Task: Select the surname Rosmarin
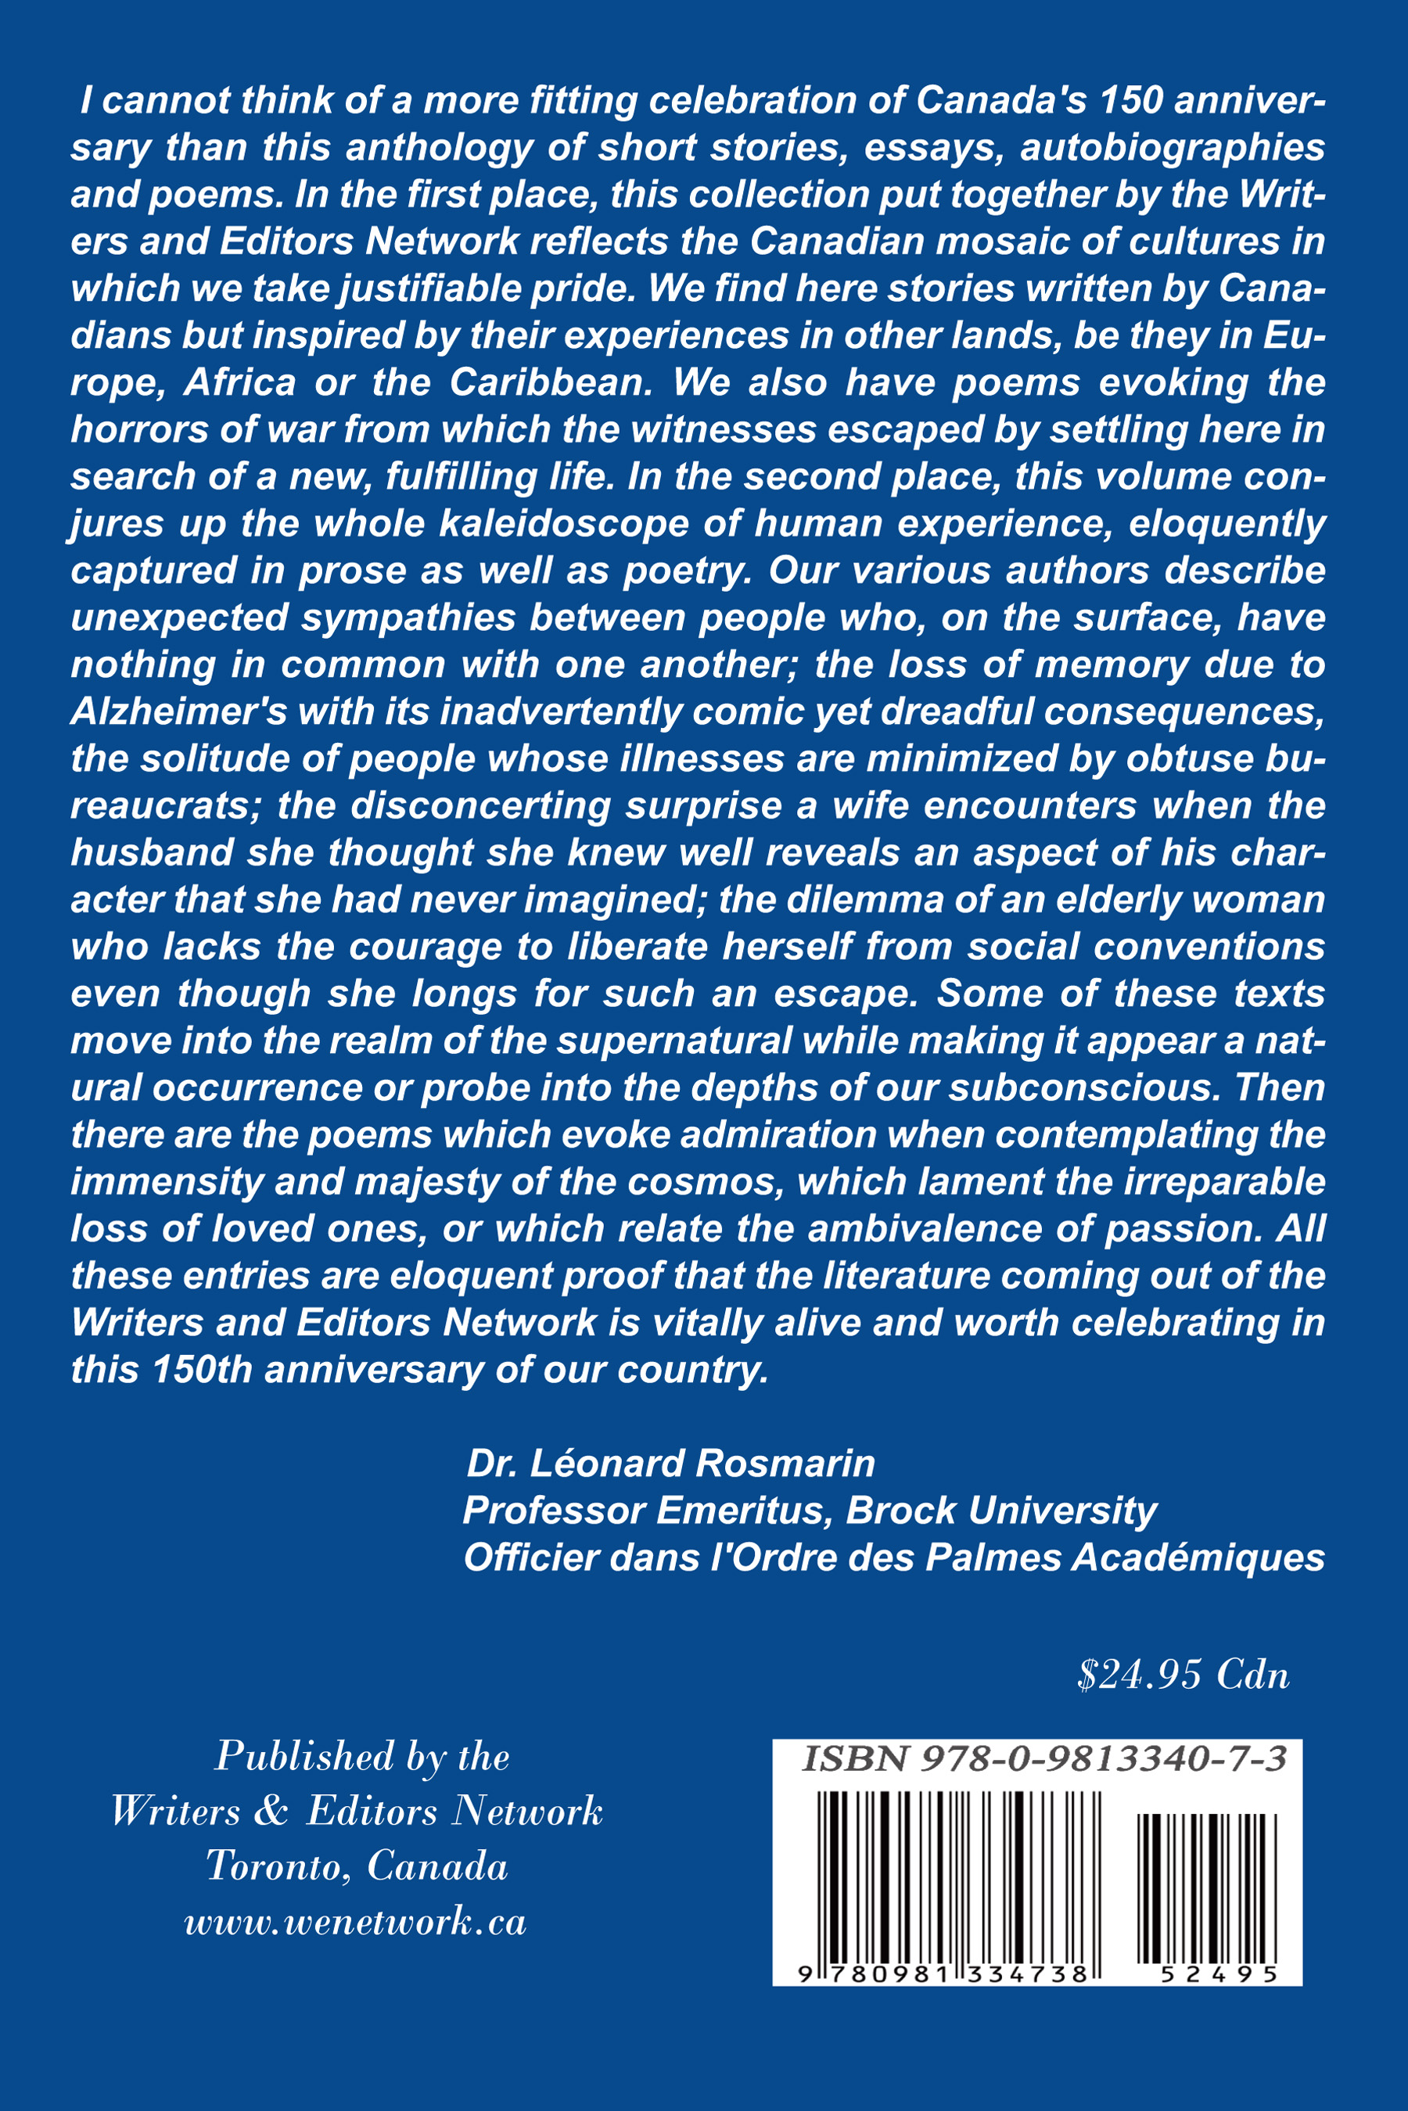point(785,1464)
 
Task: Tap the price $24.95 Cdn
point(1183,1675)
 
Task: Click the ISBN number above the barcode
point(1043,1758)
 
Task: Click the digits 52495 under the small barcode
point(1219,1975)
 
